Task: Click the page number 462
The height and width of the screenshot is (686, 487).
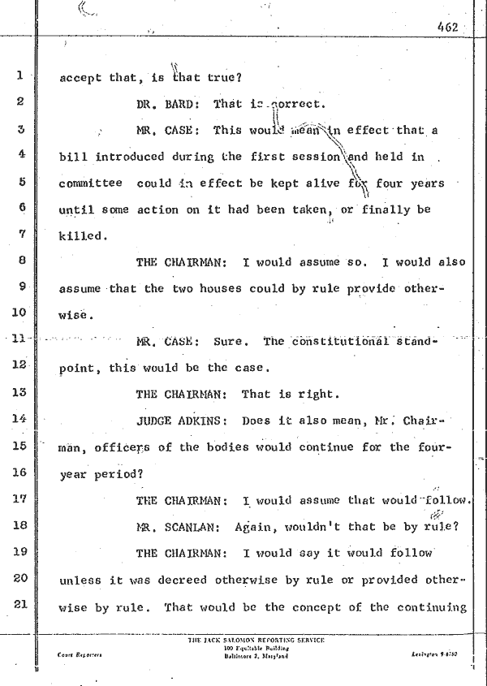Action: click(446, 27)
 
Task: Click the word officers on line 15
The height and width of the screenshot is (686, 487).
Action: click(119, 447)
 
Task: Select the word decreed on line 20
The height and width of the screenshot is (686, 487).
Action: click(187, 579)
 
